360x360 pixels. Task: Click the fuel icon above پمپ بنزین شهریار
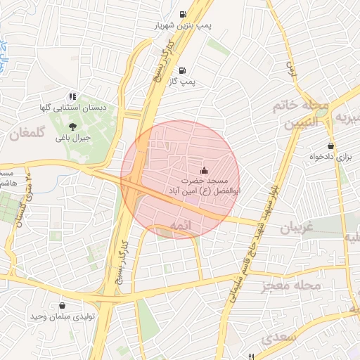point(184,14)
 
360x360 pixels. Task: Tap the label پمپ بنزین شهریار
point(184,26)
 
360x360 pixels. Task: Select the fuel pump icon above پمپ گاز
point(183,70)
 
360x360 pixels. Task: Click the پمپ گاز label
point(183,82)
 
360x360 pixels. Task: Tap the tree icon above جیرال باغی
point(73,126)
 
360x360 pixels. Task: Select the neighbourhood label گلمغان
point(27,132)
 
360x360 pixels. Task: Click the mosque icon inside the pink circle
point(205,169)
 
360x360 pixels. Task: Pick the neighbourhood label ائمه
point(181,224)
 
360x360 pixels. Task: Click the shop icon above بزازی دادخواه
point(330,146)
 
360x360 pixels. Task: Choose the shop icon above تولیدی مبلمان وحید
point(64,306)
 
